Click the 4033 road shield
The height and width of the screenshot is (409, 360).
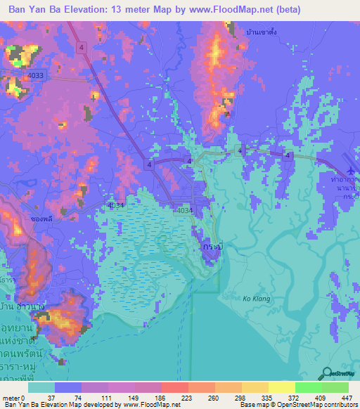[x=36, y=75]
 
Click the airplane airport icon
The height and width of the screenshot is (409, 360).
[x=352, y=171]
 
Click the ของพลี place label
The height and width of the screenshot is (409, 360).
[x=44, y=219]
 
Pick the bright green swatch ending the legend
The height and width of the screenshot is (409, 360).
[x=335, y=387]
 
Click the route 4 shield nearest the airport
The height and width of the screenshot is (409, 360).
[x=287, y=155]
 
